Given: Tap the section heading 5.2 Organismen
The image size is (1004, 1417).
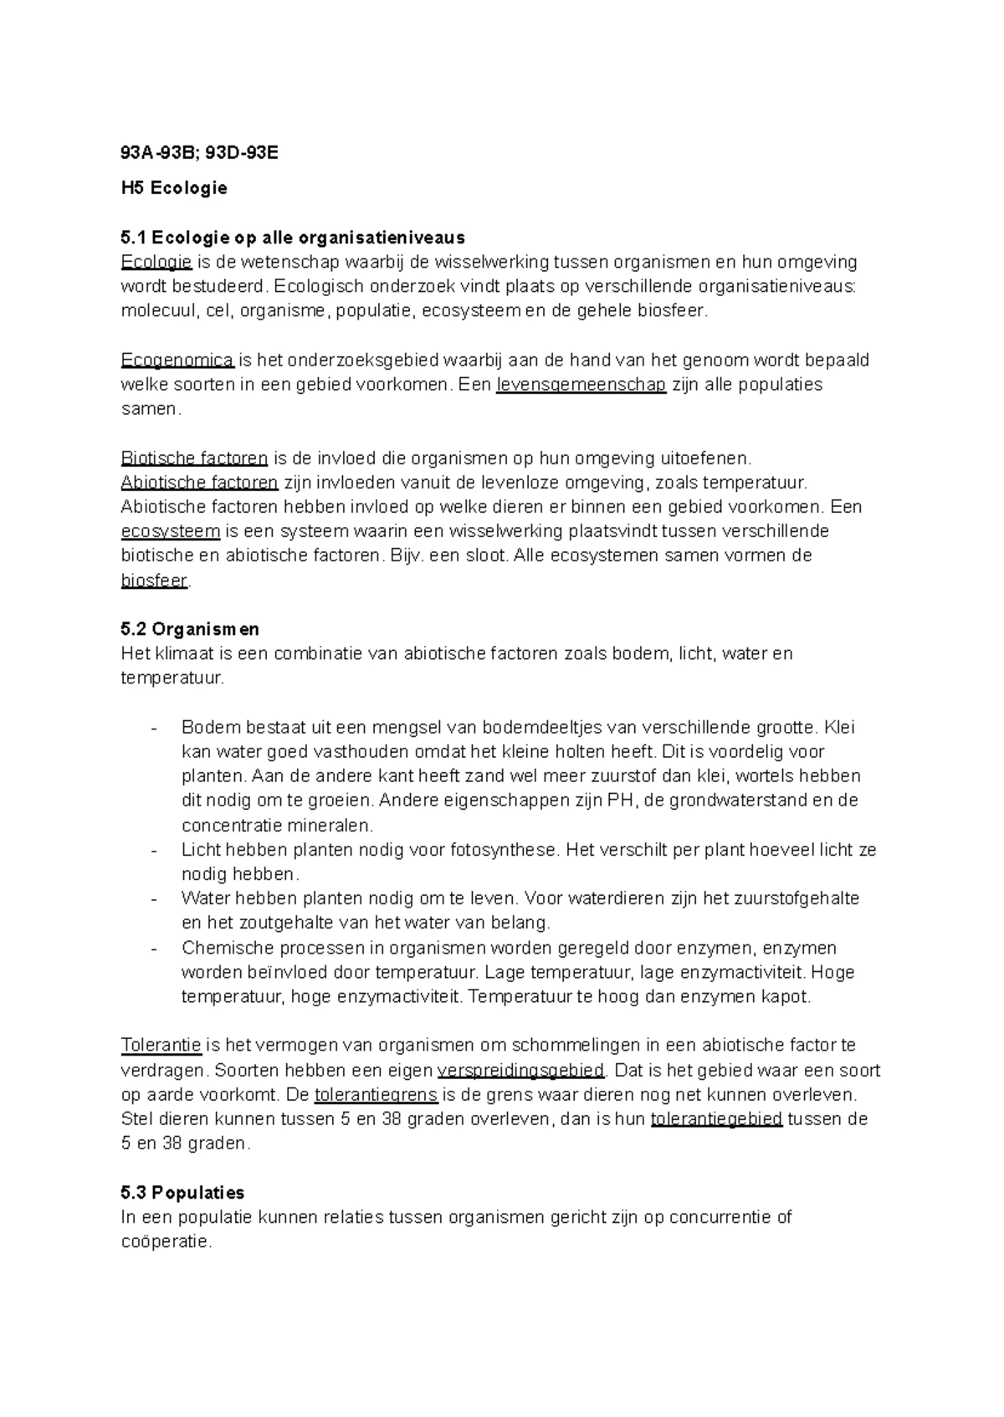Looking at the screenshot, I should pyautogui.click(x=190, y=629).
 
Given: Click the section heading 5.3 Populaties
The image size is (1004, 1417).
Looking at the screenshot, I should pyautogui.click(x=182, y=1192).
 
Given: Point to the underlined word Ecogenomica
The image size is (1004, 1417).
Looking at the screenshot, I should pyautogui.click(x=177, y=361).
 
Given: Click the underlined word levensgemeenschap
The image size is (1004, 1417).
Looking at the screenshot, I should pyautogui.click(x=581, y=385).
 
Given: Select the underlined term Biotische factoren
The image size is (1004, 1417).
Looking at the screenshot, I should pyautogui.click(x=194, y=458).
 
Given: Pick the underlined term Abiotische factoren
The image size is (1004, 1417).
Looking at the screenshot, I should pyautogui.click(x=199, y=483).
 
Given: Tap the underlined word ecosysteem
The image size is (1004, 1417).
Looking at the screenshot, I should pyautogui.click(x=171, y=531).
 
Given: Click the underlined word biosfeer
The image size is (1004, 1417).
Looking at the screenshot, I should pyautogui.click(x=154, y=581).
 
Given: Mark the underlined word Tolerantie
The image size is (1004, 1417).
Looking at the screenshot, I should pyautogui.click(x=161, y=1046).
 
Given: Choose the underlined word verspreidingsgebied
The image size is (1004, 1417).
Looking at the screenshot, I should pyautogui.click(x=520, y=1070).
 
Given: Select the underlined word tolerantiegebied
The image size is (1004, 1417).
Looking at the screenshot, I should pyautogui.click(x=716, y=1119).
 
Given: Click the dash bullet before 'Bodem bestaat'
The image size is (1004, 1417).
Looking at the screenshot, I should pyautogui.click(x=153, y=728).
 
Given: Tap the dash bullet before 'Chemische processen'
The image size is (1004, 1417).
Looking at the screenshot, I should pyautogui.click(x=153, y=949).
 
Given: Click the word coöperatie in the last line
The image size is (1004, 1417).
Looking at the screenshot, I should pyautogui.click(x=166, y=1242).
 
